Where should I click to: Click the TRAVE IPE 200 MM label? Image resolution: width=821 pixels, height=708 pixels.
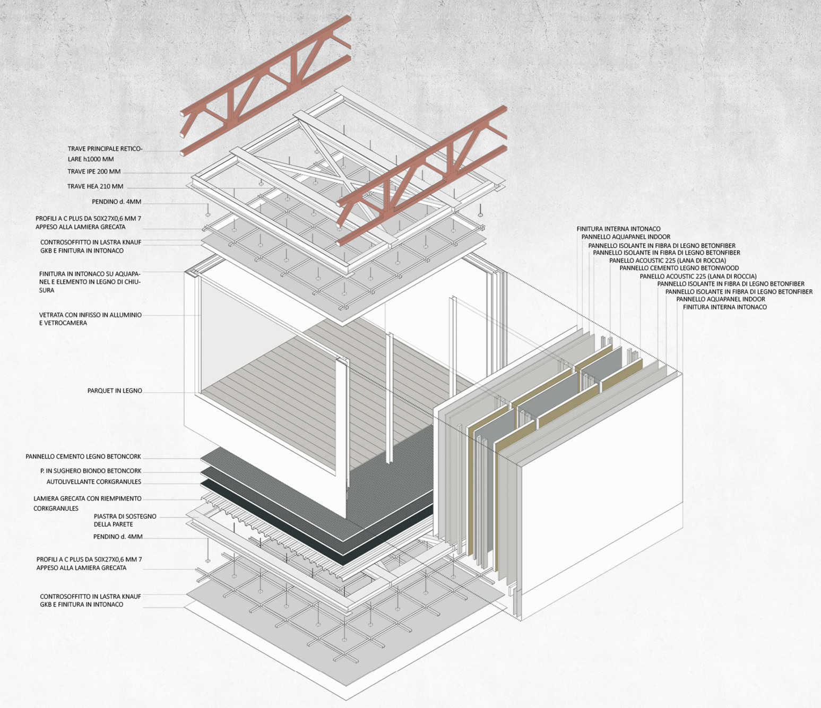point(94,172)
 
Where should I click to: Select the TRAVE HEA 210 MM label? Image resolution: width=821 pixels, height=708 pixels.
point(95,187)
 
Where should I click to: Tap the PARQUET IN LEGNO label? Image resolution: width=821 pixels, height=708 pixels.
point(115,391)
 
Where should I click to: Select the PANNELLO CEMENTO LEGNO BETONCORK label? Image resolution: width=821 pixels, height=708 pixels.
point(83,456)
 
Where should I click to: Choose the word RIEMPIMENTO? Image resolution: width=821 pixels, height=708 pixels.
point(121,499)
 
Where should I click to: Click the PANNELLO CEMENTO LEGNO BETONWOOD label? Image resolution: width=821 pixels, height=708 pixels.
point(679,269)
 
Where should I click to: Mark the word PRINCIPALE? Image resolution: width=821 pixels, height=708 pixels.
point(103,149)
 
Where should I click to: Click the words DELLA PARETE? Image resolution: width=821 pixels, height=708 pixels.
point(113,524)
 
